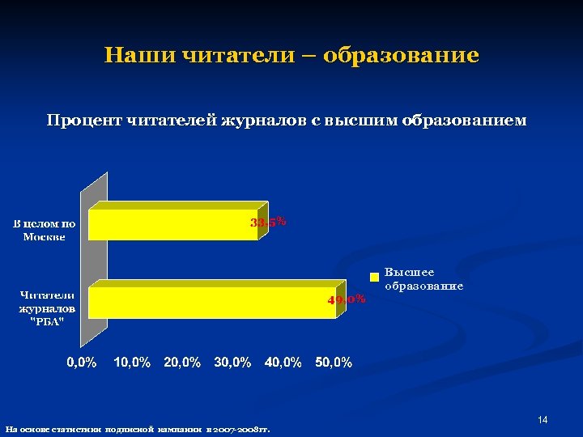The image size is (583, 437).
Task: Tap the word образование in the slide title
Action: (401, 56)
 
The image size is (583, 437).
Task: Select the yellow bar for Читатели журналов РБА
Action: (211, 303)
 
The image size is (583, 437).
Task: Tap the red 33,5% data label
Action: (268, 222)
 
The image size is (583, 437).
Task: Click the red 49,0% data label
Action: (347, 299)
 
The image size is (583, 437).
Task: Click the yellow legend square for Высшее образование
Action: (375, 277)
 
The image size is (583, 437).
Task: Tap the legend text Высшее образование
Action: (423, 279)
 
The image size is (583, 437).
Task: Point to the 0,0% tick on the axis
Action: (82, 363)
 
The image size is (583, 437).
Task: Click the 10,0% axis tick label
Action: (131, 363)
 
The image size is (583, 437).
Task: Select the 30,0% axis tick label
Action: (233, 363)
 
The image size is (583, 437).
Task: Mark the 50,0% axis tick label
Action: (334, 363)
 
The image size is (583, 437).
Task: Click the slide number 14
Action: (543, 419)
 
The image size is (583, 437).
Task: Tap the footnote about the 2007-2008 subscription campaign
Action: (138, 429)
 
